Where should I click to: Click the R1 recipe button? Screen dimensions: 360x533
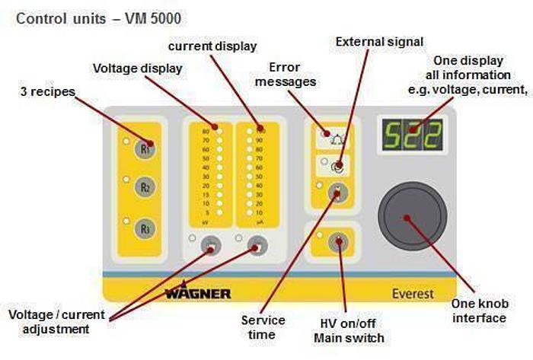(145, 148)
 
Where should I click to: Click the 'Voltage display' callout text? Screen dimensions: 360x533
(138, 68)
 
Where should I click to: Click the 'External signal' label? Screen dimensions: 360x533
(380, 42)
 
